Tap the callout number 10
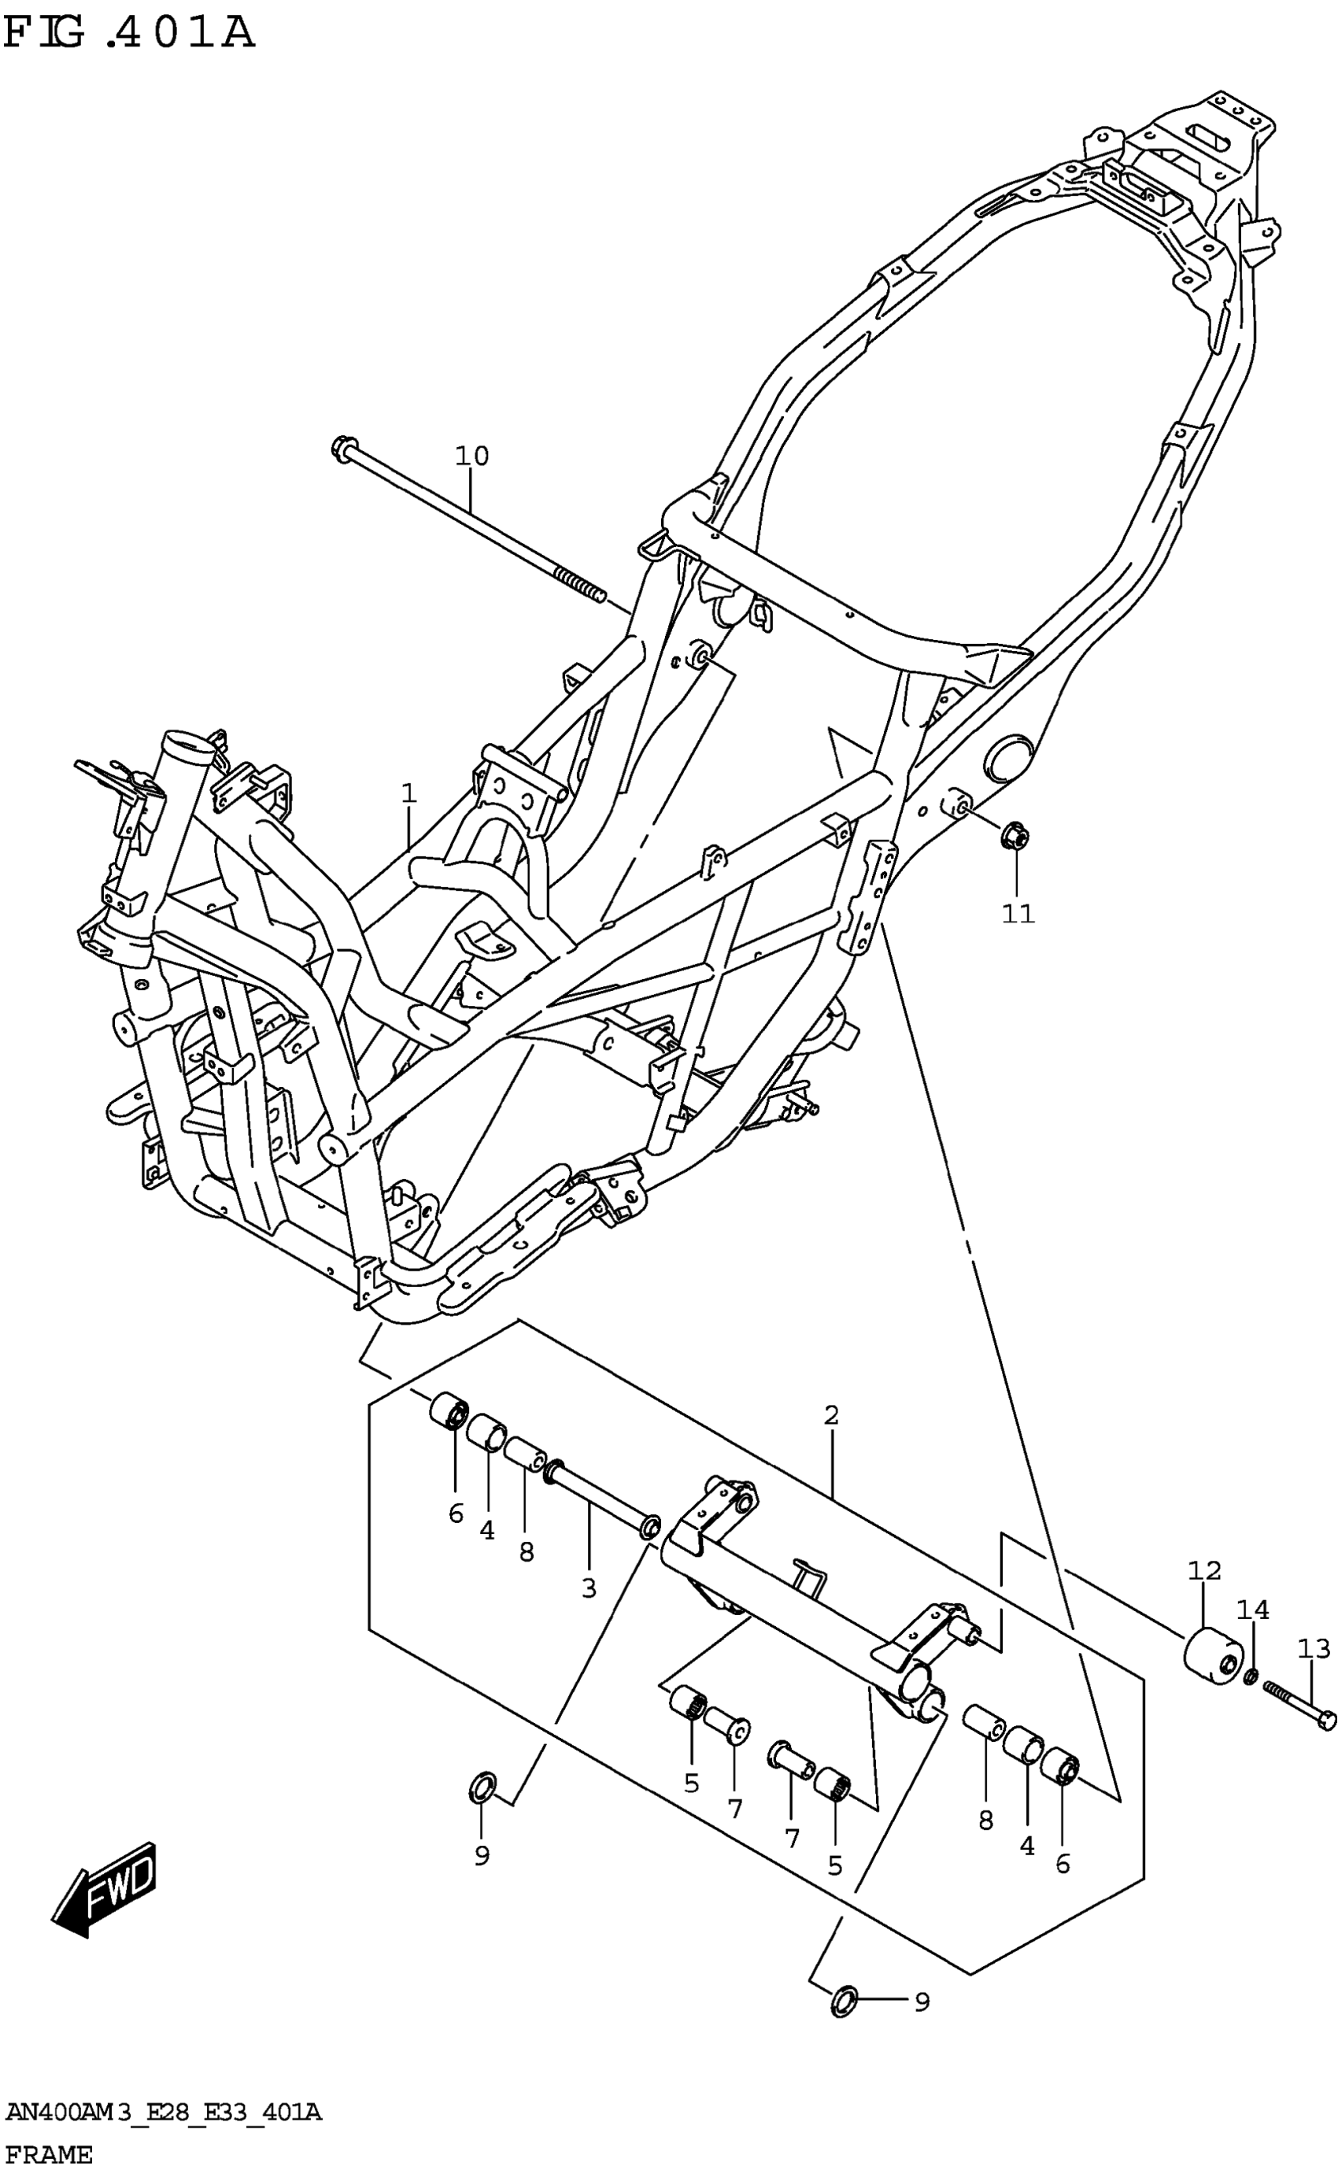click(x=471, y=457)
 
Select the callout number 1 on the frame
click(x=408, y=793)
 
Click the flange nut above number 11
click(x=1014, y=835)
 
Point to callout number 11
click(x=1018, y=913)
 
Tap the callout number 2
click(x=831, y=1415)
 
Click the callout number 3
click(x=590, y=1588)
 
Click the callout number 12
click(x=1204, y=1571)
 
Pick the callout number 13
click(x=1314, y=1649)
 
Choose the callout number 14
click(x=1252, y=1610)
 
